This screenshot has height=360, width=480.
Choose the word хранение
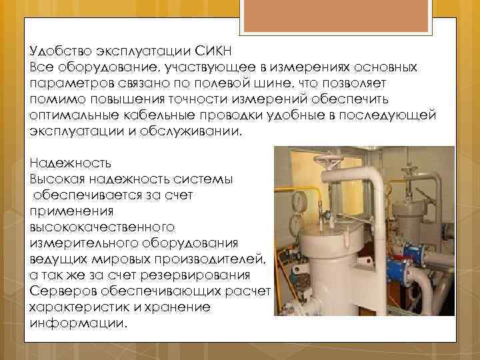point(181,307)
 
